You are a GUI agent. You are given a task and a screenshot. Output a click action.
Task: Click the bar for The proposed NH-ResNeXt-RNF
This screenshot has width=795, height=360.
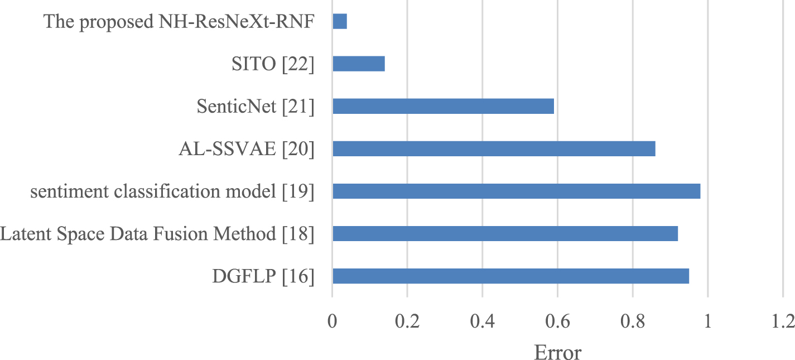pyautogui.click(x=340, y=22)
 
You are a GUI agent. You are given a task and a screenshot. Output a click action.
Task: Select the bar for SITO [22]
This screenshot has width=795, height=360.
pyautogui.click(x=359, y=64)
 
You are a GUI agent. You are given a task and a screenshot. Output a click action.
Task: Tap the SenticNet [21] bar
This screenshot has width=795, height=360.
pyautogui.click(x=443, y=106)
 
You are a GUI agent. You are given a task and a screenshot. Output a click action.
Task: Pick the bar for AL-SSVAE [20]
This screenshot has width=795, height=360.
pyautogui.click(x=494, y=149)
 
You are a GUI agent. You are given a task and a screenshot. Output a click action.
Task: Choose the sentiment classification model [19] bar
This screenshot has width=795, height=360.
pyautogui.click(x=516, y=191)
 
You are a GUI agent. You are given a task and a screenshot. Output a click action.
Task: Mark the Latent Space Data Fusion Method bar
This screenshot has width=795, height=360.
pyautogui.click(x=505, y=233)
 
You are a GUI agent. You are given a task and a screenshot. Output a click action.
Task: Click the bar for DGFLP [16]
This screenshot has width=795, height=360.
pyautogui.click(x=510, y=276)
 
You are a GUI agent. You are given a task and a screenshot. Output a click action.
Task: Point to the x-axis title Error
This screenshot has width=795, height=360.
pyautogui.click(x=557, y=351)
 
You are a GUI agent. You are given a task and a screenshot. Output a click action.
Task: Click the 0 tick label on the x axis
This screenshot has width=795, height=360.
pyautogui.click(x=333, y=322)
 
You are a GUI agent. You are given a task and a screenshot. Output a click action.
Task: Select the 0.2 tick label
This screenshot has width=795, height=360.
pyautogui.click(x=407, y=322)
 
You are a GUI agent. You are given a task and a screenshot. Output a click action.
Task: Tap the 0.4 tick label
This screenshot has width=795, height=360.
pyautogui.click(x=483, y=322)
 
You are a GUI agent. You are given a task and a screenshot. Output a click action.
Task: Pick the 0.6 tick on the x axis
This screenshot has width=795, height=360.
pyautogui.click(x=557, y=322)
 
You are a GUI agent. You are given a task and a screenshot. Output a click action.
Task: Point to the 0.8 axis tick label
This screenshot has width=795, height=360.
pyautogui.click(x=633, y=322)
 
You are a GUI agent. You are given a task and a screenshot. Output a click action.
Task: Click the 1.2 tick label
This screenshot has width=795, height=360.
pyautogui.click(x=782, y=322)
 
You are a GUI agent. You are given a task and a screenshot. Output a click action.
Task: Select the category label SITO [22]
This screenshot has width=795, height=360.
pyautogui.click(x=273, y=65)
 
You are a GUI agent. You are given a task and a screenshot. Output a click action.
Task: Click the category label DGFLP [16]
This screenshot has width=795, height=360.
pyautogui.click(x=263, y=276)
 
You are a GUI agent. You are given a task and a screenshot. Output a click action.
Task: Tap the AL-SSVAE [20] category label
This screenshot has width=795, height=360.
pyautogui.click(x=247, y=150)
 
